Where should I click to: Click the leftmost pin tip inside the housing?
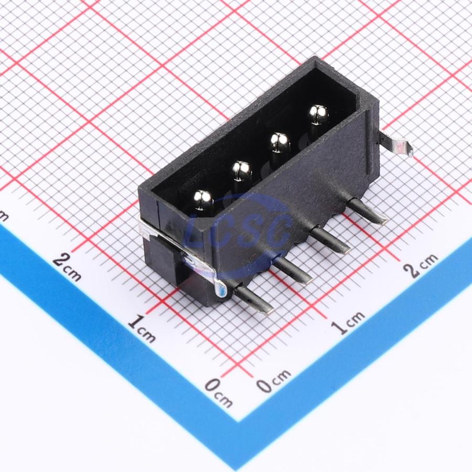(x=203, y=200)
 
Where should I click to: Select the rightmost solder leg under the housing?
(x=368, y=210)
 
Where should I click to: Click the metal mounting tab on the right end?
(x=394, y=145)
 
